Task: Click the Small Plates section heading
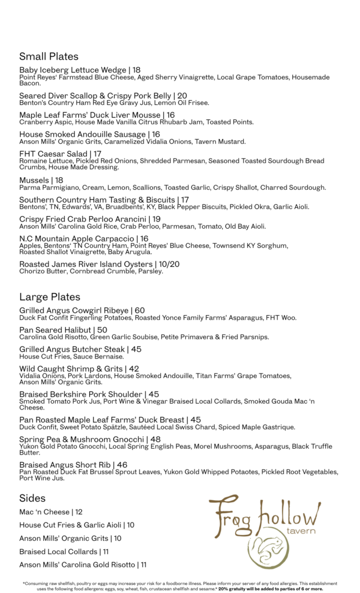coord(49,57)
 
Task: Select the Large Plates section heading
coord(50,297)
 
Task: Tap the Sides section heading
coord(32,498)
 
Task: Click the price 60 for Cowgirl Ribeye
coord(139,311)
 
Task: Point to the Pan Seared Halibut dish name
coord(55,330)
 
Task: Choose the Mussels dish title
coord(34,181)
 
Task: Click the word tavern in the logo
coord(301,532)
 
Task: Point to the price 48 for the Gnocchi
coord(155,440)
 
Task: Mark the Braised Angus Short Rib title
coord(65,465)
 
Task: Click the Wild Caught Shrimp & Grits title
coord(71,369)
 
